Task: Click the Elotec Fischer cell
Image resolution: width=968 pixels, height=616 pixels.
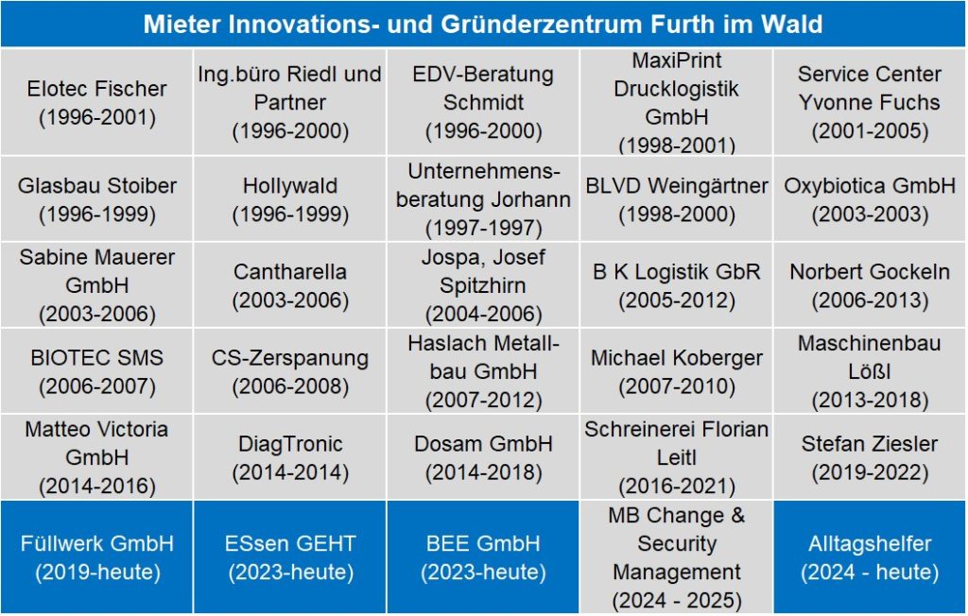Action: (x=96, y=103)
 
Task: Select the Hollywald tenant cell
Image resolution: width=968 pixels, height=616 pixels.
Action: (x=290, y=199)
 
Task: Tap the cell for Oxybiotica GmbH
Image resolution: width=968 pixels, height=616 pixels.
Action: (x=870, y=199)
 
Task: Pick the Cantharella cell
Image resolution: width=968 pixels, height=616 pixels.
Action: (x=290, y=285)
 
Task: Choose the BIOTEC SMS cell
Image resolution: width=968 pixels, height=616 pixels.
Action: (x=96, y=371)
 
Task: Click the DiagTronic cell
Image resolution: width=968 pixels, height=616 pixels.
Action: (x=290, y=457)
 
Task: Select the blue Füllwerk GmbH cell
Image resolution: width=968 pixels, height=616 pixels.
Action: (x=96, y=557)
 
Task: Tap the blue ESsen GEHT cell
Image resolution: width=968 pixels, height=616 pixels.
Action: (x=290, y=557)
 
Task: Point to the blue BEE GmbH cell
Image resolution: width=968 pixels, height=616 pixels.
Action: (x=483, y=557)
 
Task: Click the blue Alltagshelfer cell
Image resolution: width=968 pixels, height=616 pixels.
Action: (x=870, y=557)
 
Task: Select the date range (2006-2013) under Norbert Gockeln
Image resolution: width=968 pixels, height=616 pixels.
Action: (x=870, y=300)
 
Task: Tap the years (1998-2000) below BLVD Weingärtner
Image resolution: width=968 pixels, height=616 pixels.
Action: (x=677, y=214)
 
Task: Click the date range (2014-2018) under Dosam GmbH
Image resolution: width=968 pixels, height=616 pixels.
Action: (x=483, y=471)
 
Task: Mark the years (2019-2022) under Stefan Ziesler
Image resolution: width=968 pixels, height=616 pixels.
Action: (x=870, y=471)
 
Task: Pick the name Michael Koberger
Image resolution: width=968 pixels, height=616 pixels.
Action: (x=677, y=358)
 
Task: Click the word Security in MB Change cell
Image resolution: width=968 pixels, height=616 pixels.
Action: (x=677, y=544)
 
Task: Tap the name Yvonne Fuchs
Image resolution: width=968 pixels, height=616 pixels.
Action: (x=870, y=102)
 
